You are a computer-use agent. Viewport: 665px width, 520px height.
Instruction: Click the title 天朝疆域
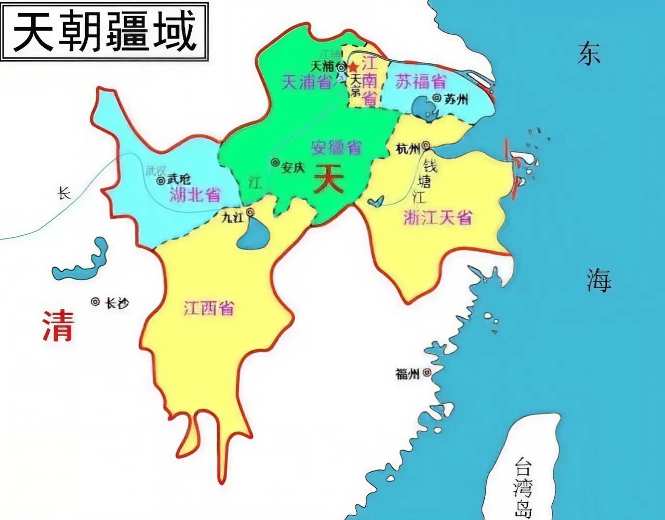pos(104,32)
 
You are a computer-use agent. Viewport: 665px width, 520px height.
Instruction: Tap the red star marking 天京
pos(353,68)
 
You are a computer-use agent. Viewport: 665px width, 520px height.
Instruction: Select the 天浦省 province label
pos(307,82)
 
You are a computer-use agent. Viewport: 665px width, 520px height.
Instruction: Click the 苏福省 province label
pos(421,82)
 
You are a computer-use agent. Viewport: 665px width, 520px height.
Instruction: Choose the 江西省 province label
pos(209,309)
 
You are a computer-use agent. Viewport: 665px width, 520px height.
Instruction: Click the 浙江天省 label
pos(438,217)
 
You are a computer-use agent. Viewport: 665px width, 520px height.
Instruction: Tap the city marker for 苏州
pos(436,98)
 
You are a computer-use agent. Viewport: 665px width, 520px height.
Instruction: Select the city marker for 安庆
pos(274,163)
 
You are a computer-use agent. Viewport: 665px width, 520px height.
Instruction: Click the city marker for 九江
pos(250,212)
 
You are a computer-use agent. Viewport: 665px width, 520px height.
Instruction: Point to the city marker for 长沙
pos(96,301)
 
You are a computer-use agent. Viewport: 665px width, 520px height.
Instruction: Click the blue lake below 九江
pos(251,234)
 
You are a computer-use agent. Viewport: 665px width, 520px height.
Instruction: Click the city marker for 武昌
pos(161,180)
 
